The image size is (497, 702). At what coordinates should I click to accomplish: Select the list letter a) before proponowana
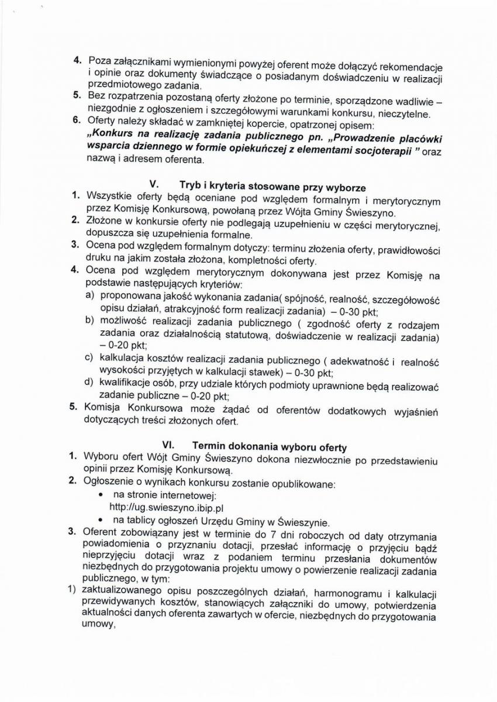tap(91, 296)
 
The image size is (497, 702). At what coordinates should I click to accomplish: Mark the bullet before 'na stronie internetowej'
tap(103, 495)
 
